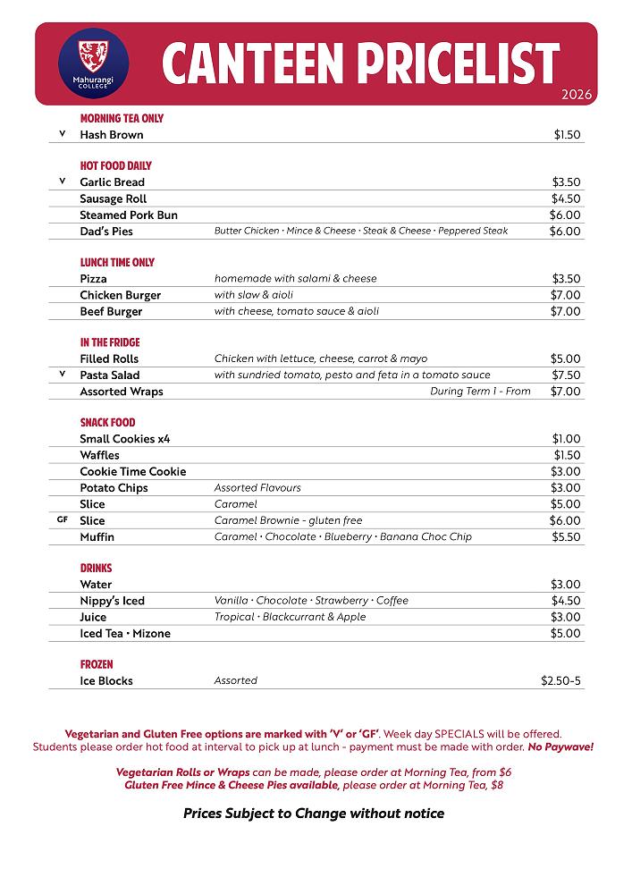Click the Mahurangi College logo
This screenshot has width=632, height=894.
coord(93,63)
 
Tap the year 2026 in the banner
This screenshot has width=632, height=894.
coord(577,95)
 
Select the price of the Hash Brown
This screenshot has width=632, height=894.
coord(567,135)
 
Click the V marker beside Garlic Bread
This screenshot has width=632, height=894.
coord(63,181)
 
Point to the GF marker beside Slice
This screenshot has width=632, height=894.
coord(63,519)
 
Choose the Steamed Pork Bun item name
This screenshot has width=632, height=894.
coord(129,215)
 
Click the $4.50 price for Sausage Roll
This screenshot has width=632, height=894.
coord(566,198)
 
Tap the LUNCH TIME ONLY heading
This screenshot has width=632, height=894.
coord(117,263)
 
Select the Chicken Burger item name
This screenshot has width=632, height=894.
coord(121,295)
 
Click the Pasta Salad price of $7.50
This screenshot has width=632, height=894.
coord(566,375)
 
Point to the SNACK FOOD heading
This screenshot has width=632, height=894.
coord(107,423)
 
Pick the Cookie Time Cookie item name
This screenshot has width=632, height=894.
coord(133,472)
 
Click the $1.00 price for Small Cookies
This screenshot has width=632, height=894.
coord(566,439)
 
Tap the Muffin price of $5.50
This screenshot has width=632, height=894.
coord(566,537)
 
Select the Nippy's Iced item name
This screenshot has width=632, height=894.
coord(112,601)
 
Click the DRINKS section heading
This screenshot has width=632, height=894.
coord(96,569)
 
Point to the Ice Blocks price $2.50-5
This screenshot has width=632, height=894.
coord(560,681)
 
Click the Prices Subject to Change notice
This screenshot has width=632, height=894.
coord(314,814)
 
